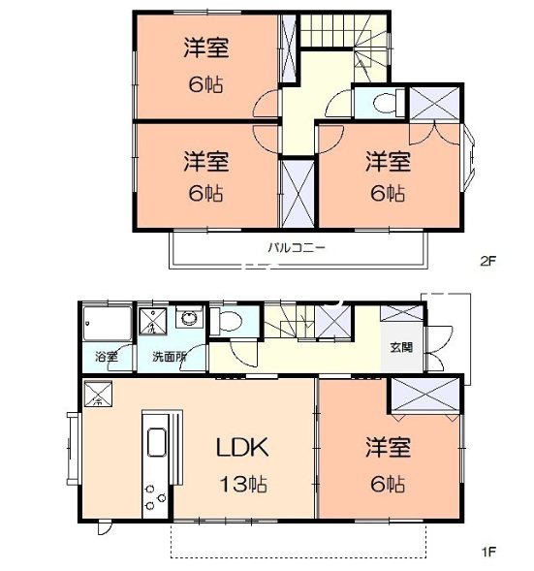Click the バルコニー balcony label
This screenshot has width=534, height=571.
click(297, 247)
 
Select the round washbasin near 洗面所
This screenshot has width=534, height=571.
click(189, 318)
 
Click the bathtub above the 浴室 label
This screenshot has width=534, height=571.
click(106, 321)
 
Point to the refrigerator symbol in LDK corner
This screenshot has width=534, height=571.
click(99, 395)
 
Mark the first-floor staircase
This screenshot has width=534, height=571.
click(298, 320)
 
